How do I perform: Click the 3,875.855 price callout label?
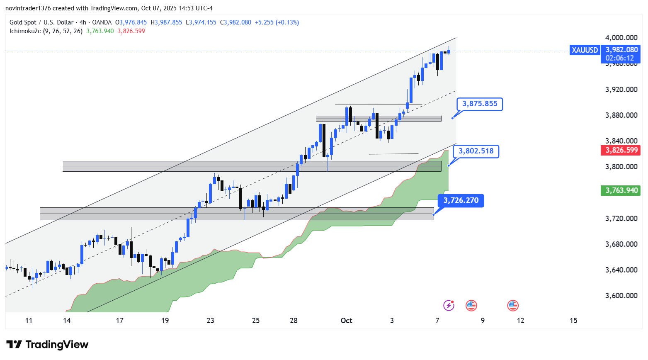pyautogui.click(x=480, y=104)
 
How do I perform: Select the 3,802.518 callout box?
pyautogui.click(x=476, y=151)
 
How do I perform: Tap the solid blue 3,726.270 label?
pyautogui.click(x=461, y=201)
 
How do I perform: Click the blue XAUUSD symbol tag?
pyautogui.click(x=585, y=50)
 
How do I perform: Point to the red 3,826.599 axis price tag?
pyautogui.click(x=621, y=150)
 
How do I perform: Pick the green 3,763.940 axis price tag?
pyautogui.click(x=621, y=190)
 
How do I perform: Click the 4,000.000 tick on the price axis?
pyautogui.click(x=621, y=38)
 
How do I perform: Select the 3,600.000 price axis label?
pyautogui.click(x=621, y=296)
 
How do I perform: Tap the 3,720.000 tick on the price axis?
pyautogui.click(x=621, y=219)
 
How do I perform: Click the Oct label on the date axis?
pyautogui.click(x=346, y=321)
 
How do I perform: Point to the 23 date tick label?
pyautogui.click(x=210, y=321)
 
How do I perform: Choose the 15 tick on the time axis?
pyautogui.click(x=573, y=321)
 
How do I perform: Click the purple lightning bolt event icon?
pyautogui.click(x=449, y=306)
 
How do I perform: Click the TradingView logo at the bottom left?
pyautogui.click(x=48, y=345)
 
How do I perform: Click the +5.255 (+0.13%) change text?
pyautogui.click(x=277, y=22)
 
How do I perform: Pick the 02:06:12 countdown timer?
pyautogui.click(x=619, y=58)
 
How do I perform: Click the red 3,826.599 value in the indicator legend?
pyautogui.click(x=131, y=31)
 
